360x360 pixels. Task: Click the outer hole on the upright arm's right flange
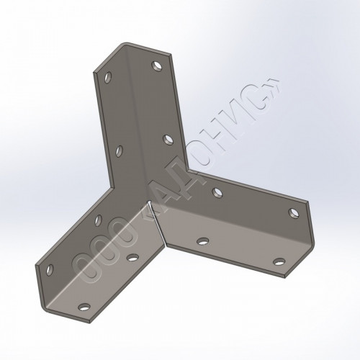(156, 66)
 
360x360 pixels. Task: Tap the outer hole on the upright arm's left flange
(108, 77)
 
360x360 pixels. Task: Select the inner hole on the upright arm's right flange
(168, 140)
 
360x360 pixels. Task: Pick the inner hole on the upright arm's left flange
(119, 151)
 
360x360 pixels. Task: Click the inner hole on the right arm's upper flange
(217, 192)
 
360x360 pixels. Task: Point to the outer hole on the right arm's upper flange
(294, 213)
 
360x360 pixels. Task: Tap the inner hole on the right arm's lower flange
(203, 240)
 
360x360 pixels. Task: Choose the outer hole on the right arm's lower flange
(279, 261)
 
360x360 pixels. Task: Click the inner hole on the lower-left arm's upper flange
(98, 220)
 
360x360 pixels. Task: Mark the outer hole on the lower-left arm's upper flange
(50, 270)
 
